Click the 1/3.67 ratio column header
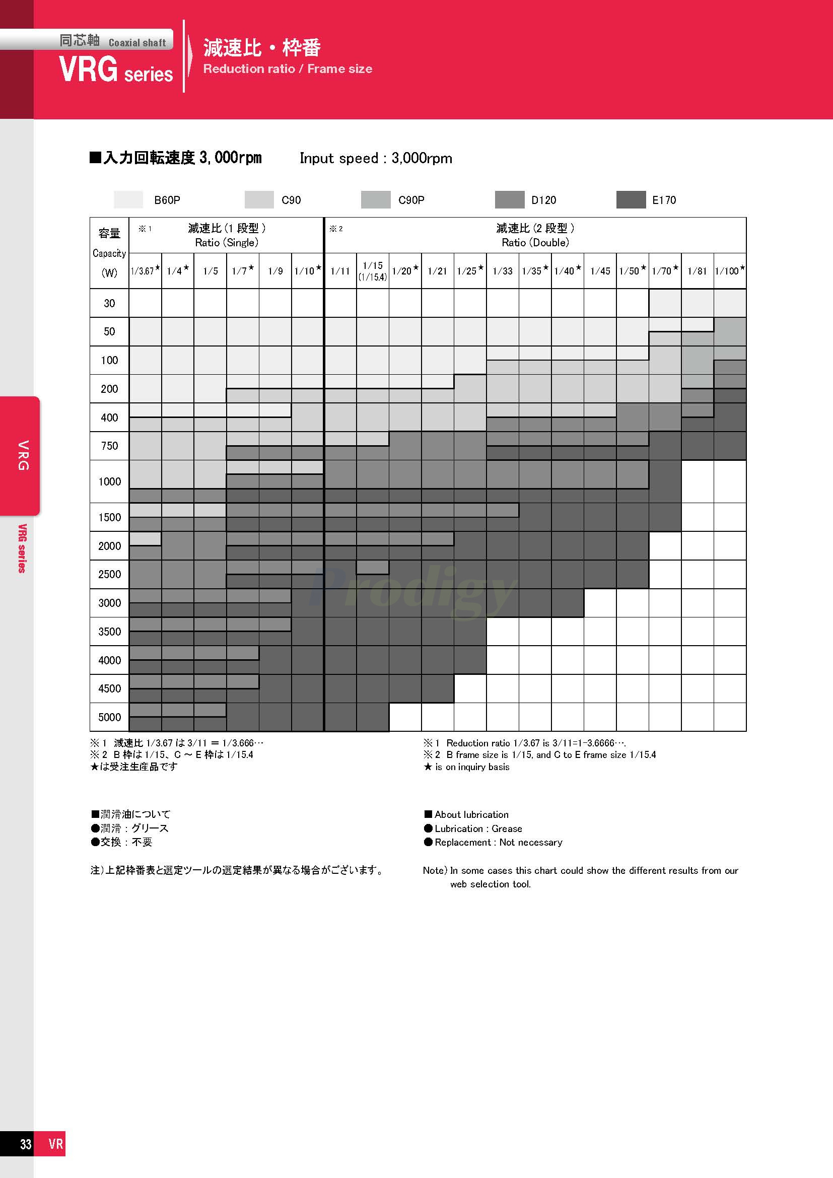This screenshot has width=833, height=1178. click(145, 270)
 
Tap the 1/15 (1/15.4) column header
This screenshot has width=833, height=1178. click(372, 271)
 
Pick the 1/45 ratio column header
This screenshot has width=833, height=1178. click(600, 271)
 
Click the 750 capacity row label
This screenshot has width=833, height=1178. click(109, 446)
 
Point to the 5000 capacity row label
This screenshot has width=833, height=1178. click(109, 717)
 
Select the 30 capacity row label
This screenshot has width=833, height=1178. click(109, 303)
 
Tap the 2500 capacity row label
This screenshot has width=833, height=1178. click(109, 574)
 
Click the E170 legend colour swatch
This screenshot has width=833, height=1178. click(631, 199)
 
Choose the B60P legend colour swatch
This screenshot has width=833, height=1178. click(128, 199)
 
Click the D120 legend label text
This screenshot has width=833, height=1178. click(543, 200)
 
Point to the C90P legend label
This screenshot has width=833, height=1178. click(411, 200)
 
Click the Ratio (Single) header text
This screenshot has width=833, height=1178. click(226, 242)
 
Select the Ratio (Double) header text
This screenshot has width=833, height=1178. click(535, 242)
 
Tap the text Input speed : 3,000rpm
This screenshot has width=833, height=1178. click(376, 158)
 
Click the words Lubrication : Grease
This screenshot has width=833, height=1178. click(478, 828)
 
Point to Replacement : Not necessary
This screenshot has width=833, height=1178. click(498, 843)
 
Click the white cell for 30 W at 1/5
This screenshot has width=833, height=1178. click(211, 303)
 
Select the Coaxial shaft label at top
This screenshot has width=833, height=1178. click(137, 43)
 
